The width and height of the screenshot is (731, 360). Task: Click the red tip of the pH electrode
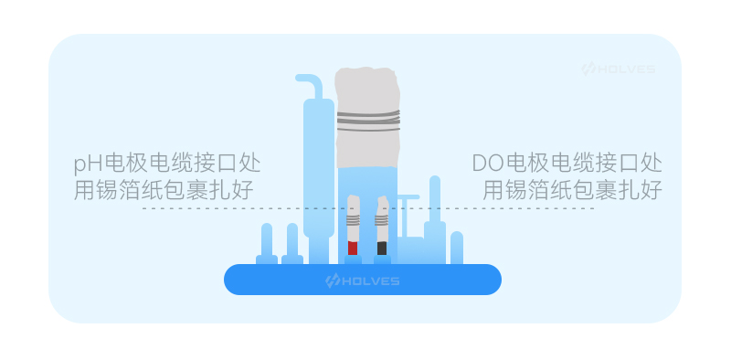pos(353,248)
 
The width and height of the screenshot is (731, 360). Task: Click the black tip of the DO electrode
pos(382,248)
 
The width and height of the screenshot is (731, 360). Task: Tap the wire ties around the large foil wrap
pos(368,121)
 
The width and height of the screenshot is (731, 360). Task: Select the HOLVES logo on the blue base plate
pos(362,281)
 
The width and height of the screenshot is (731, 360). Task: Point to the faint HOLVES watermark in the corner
pos(618,69)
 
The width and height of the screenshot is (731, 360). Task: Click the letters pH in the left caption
pos(89,164)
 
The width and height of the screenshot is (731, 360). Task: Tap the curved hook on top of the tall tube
pos(310,84)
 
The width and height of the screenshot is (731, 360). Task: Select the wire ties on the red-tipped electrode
pos(353,219)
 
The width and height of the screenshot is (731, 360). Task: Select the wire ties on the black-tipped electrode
pos(382,219)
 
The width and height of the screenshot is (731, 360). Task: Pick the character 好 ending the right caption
pos(651,190)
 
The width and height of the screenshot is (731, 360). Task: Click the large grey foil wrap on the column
pos(368,118)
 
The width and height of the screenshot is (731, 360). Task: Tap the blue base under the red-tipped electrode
pos(353,259)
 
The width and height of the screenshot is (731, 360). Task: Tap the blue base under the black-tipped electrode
pos(382,259)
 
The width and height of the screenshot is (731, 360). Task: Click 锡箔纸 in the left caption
pos(130,190)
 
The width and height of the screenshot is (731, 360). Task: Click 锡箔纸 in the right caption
pos(538,190)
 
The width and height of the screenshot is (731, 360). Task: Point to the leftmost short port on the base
pos(267,244)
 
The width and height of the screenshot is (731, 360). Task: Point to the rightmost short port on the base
pos(457,248)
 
